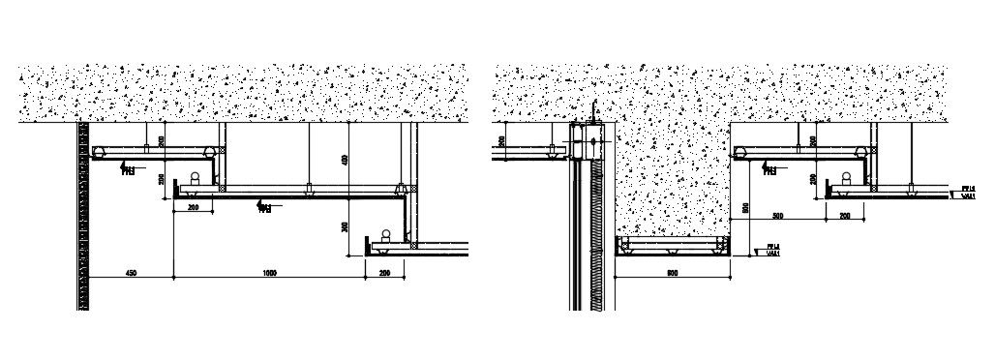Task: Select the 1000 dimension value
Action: coord(269,274)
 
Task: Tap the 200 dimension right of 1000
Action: coord(386,274)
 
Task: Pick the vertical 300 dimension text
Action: coord(346,226)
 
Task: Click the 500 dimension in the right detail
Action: coord(777,214)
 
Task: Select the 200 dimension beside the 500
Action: coord(844,214)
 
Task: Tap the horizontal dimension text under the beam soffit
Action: coord(673,274)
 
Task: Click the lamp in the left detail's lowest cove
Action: coord(386,235)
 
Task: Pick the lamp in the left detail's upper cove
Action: coord(195,179)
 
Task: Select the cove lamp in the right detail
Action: coord(847,179)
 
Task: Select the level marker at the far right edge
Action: coord(965,192)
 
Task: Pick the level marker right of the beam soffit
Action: coord(771,251)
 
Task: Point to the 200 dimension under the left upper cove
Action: coord(193,207)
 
